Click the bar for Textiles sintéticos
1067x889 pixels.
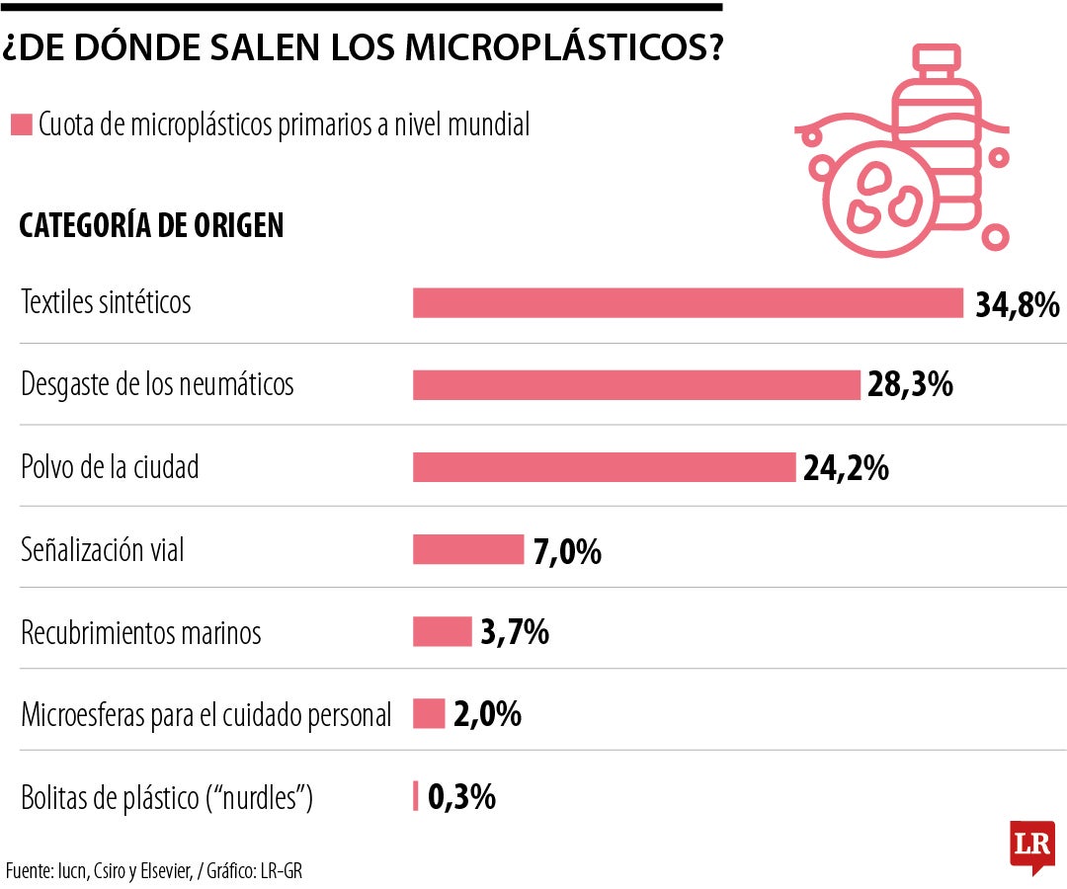(688, 303)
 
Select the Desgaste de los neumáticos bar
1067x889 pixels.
(636, 385)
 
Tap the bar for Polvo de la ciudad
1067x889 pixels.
(604, 467)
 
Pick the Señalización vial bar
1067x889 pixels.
(468, 549)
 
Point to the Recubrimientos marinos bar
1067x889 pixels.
(443, 631)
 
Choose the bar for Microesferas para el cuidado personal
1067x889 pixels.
(429, 713)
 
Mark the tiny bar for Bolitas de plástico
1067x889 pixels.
(416, 795)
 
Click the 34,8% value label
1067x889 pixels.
(1017, 304)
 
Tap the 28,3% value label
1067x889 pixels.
(910, 385)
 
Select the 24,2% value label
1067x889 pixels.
(846, 467)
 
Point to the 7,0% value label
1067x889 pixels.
(567, 550)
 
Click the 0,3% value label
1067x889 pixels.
(461, 796)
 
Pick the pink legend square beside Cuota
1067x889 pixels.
(21, 125)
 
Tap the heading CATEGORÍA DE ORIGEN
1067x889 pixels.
(151, 225)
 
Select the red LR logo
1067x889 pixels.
(1031, 845)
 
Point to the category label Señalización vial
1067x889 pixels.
(103, 549)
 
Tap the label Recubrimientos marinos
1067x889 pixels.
(141, 632)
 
